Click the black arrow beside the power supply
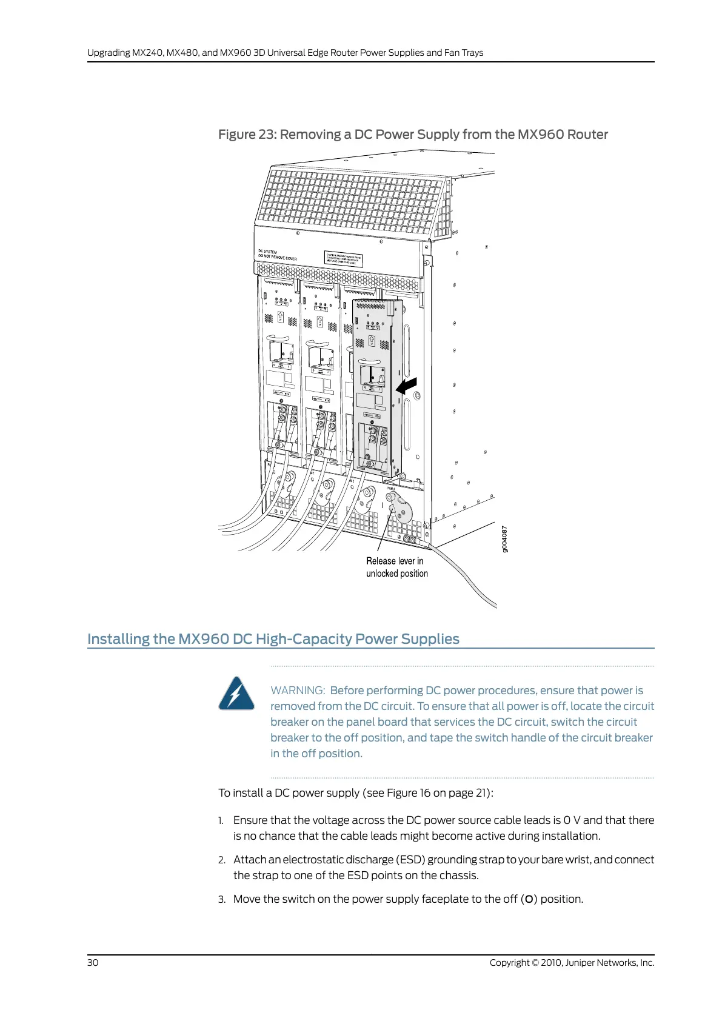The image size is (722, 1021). pos(407,385)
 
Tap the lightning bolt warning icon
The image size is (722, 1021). pos(236,694)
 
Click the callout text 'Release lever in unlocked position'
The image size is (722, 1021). pos(396,567)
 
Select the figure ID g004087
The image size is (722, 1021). pos(505,539)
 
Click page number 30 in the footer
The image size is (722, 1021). pos(93,963)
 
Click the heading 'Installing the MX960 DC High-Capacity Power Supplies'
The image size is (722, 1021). pos(273,639)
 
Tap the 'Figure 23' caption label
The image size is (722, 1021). pos(247,135)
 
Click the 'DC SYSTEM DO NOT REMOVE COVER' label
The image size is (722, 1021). pos(277,255)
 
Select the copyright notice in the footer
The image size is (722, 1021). pos(572,963)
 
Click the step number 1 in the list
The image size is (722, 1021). pos(221,821)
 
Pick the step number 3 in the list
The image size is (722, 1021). pos(222,900)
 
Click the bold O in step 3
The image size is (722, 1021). pos(529,900)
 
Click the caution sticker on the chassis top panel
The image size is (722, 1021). pos(344,259)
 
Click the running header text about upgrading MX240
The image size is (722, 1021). pos(285,53)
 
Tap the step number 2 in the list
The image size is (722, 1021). pos(222,860)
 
